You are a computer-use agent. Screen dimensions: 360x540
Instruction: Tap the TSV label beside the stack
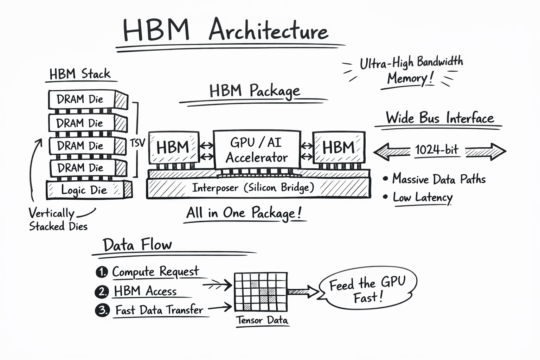point(137,143)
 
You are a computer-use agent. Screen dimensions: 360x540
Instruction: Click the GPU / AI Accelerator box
point(257,150)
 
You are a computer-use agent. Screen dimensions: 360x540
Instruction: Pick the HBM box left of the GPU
point(173,147)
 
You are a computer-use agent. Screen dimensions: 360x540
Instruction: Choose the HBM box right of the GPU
point(339,147)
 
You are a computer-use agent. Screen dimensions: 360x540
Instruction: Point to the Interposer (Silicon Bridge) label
point(253,188)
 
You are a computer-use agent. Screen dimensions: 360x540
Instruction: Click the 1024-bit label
point(437,150)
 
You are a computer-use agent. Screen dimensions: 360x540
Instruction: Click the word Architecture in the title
point(269,31)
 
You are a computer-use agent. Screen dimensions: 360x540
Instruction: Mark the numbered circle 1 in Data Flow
point(102,272)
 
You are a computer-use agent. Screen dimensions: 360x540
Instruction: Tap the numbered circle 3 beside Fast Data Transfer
point(103,310)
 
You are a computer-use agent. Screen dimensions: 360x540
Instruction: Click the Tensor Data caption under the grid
point(262,320)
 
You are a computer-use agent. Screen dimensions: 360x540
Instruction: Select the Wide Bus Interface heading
point(440,118)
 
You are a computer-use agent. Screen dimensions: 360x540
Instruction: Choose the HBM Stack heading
point(80,74)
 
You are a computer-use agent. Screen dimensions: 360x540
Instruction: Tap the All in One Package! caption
point(244,213)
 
